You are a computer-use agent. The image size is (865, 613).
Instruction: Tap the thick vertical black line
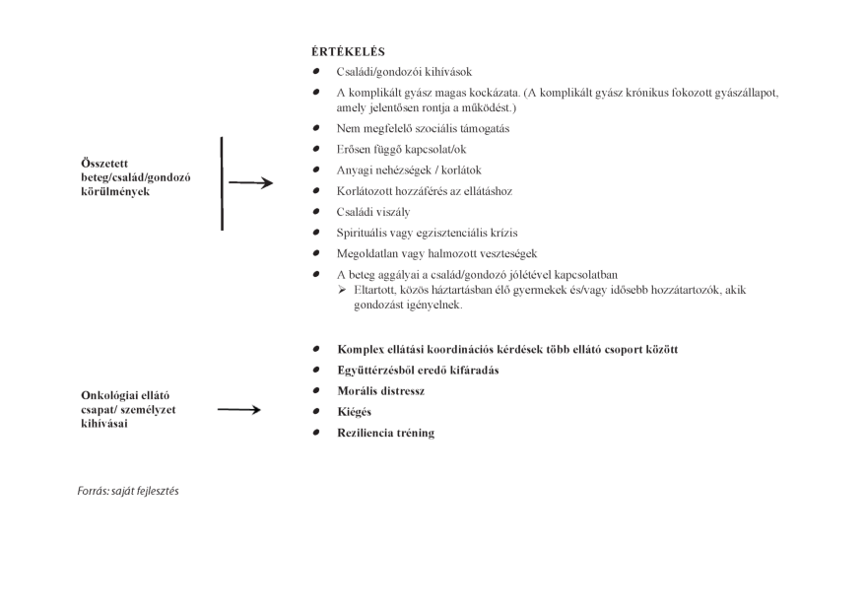223,183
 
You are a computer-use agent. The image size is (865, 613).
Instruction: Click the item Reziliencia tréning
385,433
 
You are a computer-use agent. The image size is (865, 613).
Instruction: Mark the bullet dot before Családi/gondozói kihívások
315,72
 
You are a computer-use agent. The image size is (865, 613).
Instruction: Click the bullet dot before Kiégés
315,411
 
